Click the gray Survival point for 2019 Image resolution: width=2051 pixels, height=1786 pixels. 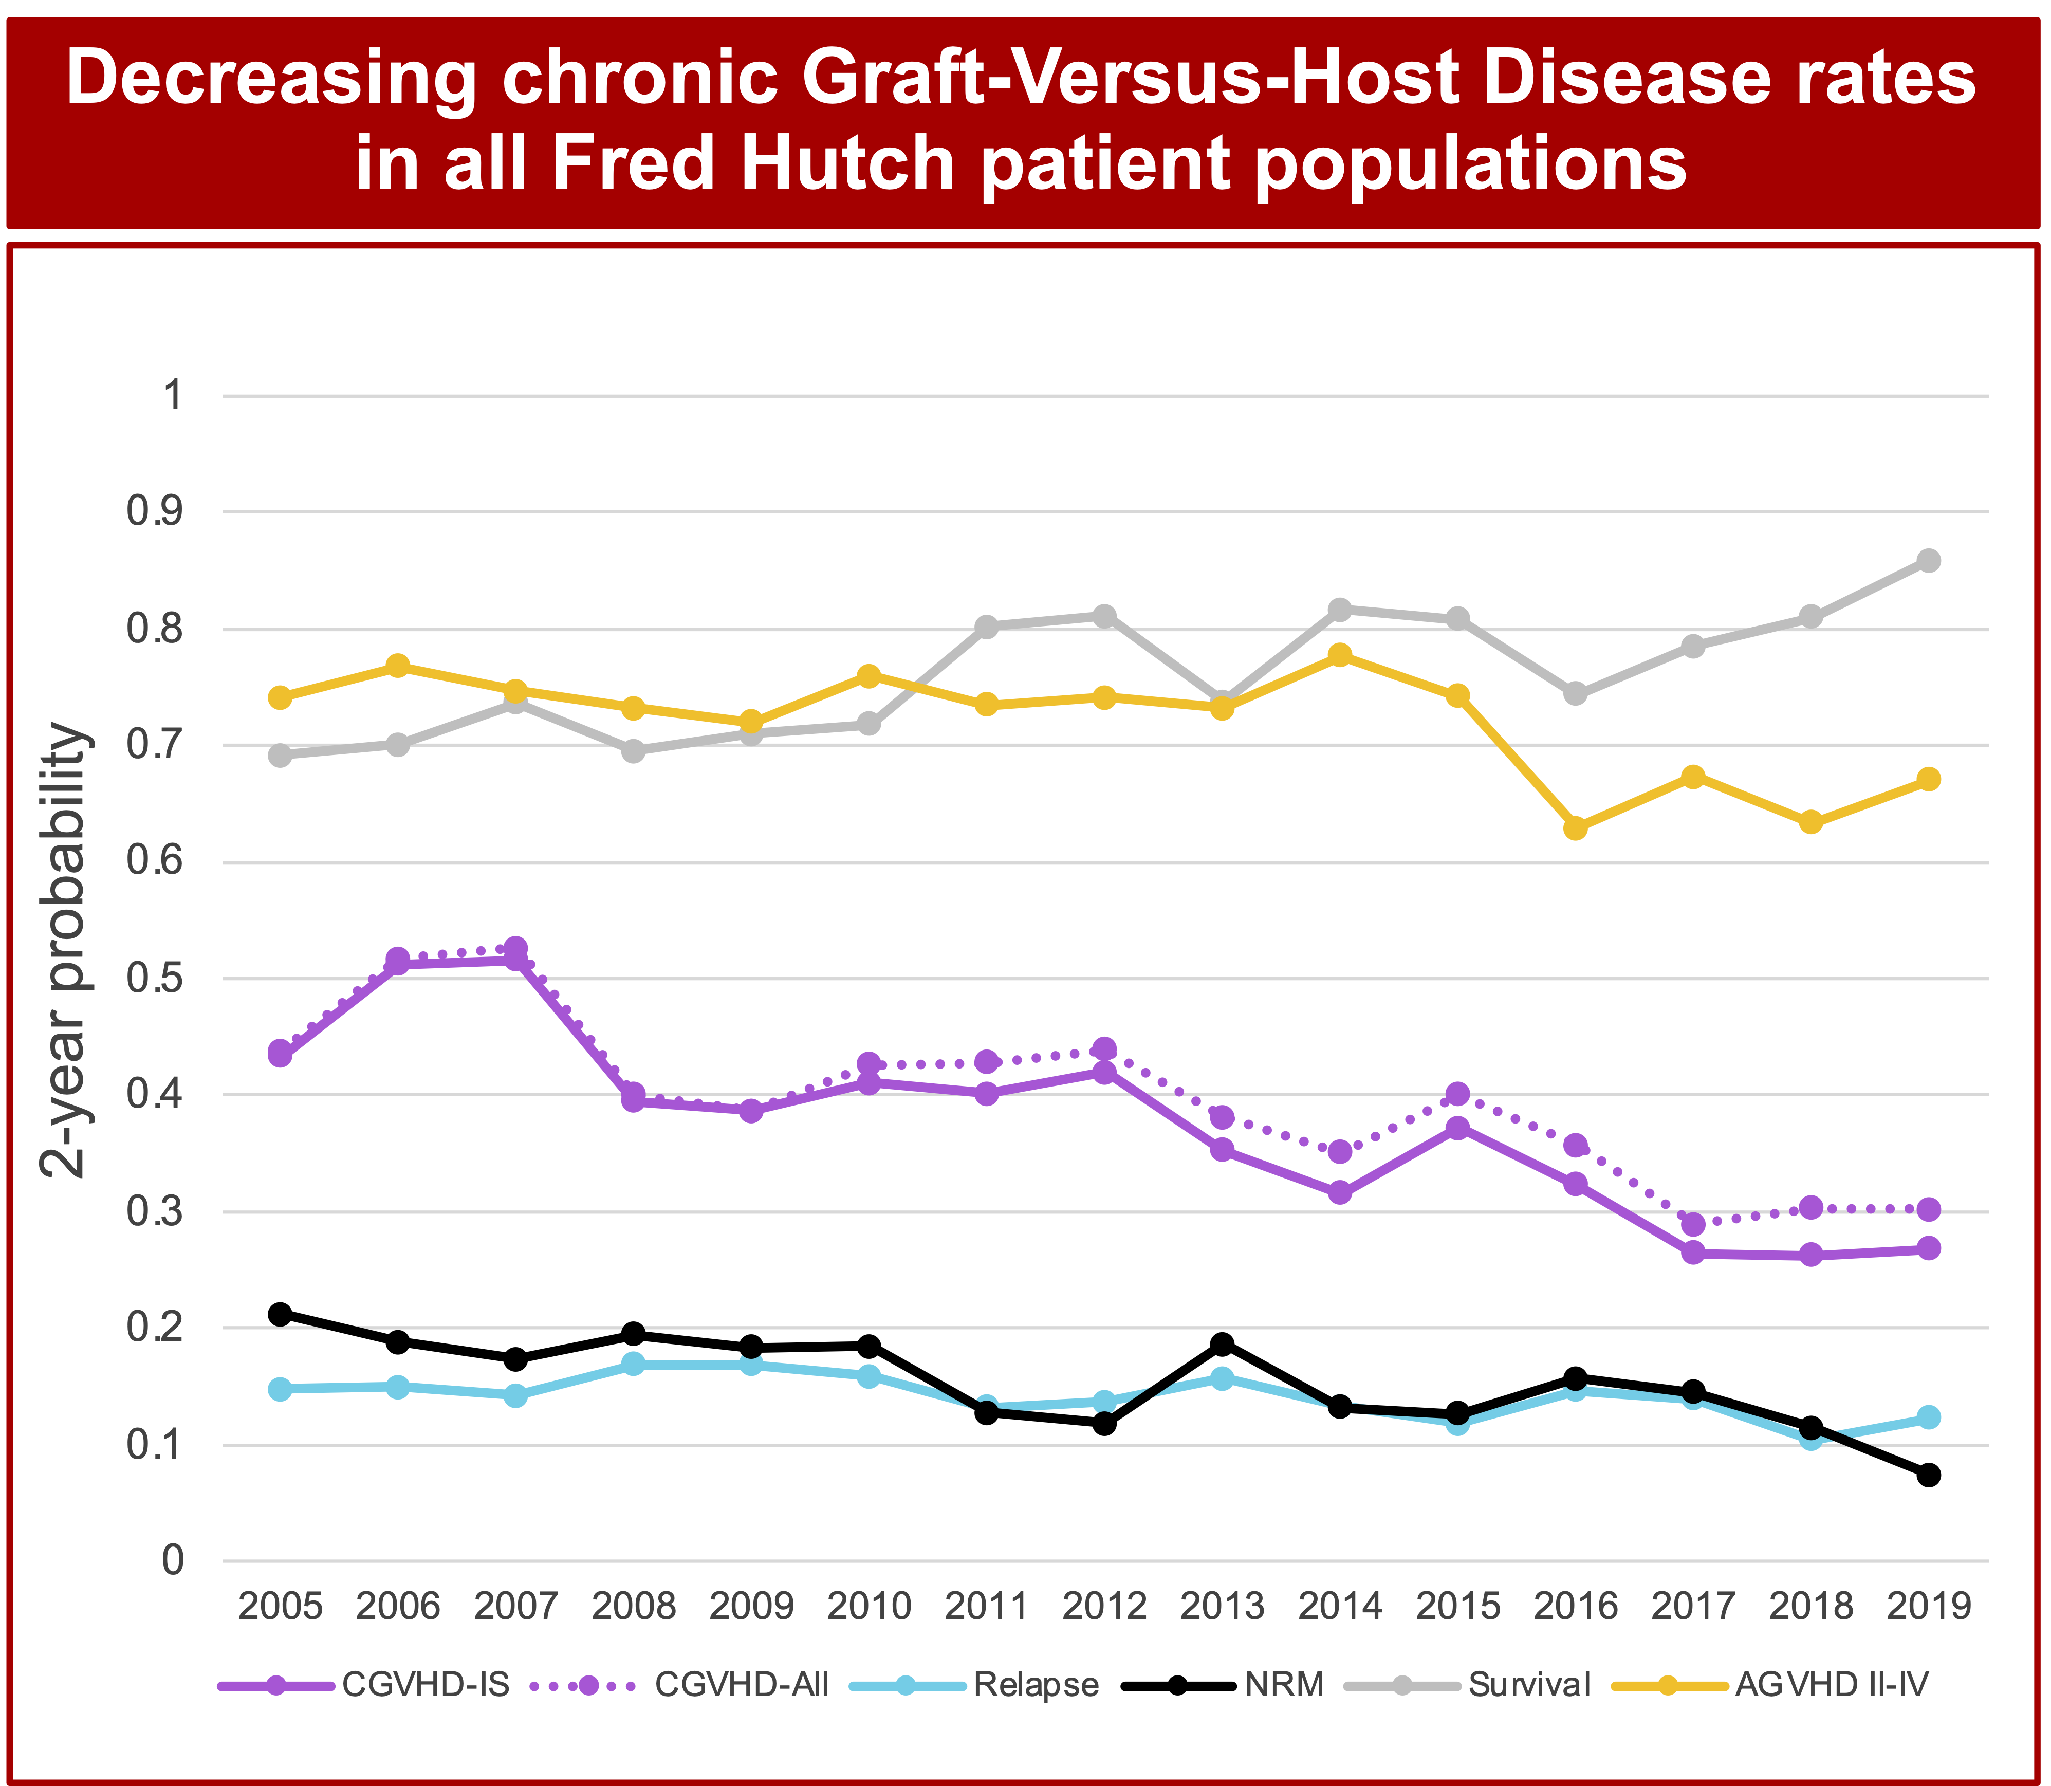pyautogui.click(x=1928, y=560)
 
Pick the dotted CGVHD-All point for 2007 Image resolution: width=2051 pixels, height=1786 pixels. pyautogui.click(x=515, y=948)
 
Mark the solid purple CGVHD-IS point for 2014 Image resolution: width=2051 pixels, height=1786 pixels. pyautogui.click(x=1339, y=1192)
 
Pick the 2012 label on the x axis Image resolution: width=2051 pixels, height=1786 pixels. pyautogui.click(x=1104, y=1607)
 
